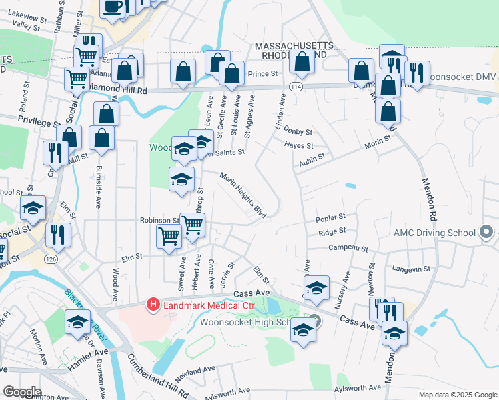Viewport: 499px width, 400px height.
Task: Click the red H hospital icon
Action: (153, 305)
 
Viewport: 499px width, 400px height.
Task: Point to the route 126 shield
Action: (51, 258)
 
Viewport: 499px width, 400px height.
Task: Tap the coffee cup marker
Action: (112, 7)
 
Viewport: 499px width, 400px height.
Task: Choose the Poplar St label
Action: (331, 217)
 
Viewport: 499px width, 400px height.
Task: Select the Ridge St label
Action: (332, 231)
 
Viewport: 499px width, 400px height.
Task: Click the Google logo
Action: (22, 392)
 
